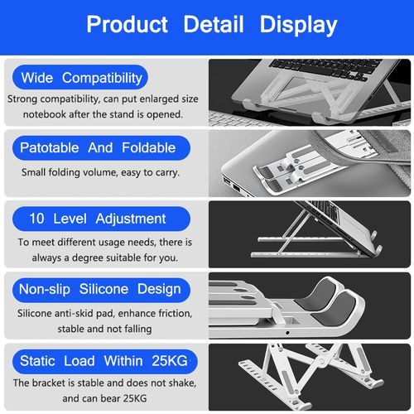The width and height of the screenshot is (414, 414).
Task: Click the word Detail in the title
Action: click(x=214, y=24)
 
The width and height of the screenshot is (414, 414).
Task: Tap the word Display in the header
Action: click(x=298, y=26)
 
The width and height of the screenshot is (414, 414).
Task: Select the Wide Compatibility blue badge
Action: click(x=80, y=78)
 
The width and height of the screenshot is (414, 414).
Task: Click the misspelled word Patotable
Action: click(x=50, y=147)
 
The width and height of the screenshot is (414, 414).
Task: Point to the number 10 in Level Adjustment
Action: click(x=36, y=219)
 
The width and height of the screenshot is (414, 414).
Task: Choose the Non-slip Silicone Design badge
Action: click(x=101, y=290)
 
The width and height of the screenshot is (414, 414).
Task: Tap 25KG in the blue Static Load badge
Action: click(x=170, y=361)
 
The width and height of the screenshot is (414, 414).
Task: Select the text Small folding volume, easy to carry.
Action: click(x=101, y=172)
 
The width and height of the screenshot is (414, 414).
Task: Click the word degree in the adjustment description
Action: click(x=88, y=258)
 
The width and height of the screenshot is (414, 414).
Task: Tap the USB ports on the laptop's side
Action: click(x=233, y=185)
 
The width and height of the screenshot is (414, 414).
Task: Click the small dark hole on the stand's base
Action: click(x=287, y=333)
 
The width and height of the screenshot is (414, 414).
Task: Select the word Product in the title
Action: click(x=128, y=25)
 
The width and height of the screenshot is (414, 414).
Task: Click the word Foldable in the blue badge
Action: click(x=149, y=147)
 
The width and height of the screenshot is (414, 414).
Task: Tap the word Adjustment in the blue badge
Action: click(x=131, y=219)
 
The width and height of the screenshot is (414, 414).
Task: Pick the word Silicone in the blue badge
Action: click(x=103, y=289)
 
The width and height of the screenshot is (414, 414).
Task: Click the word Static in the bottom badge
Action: click(x=37, y=361)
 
